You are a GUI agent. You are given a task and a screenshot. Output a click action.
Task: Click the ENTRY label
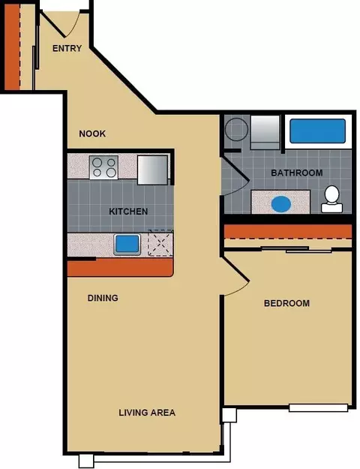click(x=67, y=48)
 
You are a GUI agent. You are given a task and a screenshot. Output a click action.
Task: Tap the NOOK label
click(x=92, y=134)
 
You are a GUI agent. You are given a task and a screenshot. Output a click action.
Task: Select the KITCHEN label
click(x=128, y=212)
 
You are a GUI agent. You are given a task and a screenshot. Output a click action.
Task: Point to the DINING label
click(x=103, y=298)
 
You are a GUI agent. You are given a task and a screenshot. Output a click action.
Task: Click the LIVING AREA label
click(x=147, y=413)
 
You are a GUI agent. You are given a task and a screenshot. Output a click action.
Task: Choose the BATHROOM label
click(x=296, y=173)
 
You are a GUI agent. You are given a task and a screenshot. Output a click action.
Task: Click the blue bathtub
click(x=317, y=131)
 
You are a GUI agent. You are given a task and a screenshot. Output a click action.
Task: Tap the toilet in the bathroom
click(x=331, y=199)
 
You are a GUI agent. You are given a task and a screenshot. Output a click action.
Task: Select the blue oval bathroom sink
click(x=281, y=204)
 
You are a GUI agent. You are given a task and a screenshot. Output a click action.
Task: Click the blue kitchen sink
click(x=127, y=245)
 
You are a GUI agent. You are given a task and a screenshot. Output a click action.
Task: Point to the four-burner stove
click(x=103, y=167)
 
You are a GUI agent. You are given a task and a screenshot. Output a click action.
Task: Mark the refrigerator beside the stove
click(x=152, y=170)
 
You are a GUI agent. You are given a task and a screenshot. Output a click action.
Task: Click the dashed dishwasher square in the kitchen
click(x=160, y=243)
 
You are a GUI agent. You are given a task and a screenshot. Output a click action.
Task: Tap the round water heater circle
click(x=236, y=129)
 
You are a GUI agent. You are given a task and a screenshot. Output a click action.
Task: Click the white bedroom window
click(x=319, y=408)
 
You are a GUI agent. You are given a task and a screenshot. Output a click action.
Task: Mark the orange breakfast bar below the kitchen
click(x=120, y=267)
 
